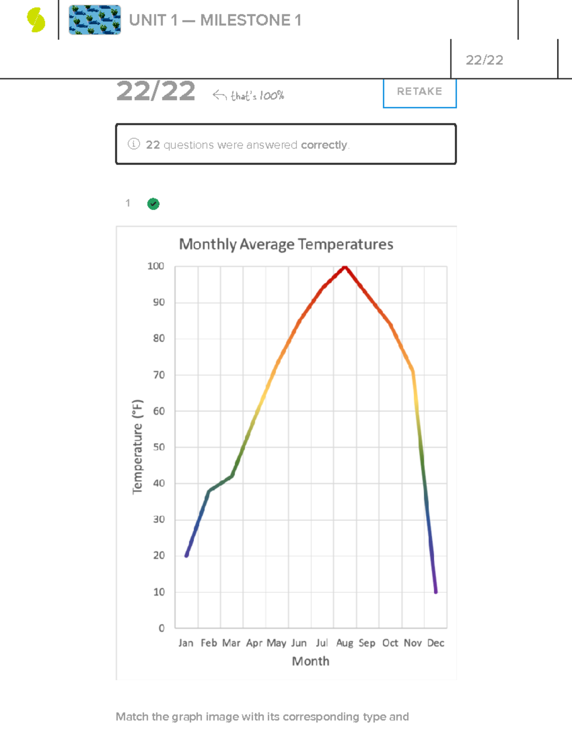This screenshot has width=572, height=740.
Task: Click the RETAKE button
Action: tap(419, 92)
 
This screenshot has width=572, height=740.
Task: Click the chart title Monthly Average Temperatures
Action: tap(286, 244)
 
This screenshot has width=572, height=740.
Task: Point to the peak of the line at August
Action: tap(345, 267)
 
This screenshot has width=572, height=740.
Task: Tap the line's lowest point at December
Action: tap(436, 591)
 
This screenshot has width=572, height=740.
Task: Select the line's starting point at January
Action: tap(186, 555)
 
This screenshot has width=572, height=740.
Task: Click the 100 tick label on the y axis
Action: tap(156, 266)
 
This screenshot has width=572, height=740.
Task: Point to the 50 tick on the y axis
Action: tap(159, 447)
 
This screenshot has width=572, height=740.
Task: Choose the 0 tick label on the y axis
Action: tap(162, 628)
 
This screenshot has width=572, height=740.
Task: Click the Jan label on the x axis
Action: tap(186, 643)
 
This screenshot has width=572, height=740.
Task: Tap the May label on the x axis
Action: tap(276, 643)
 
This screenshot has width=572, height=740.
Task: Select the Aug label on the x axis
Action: tap(345, 643)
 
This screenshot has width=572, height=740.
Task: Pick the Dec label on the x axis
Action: tap(436, 643)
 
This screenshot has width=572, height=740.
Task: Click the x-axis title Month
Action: tap(311, 661)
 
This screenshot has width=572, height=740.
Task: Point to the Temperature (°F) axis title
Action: tap(137, 446)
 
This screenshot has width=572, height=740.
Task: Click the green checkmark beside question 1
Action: tap(153, 204)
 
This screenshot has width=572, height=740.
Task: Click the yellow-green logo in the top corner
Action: tap(36, 20)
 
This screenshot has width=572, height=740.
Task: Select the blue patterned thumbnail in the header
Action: tap(95, 20)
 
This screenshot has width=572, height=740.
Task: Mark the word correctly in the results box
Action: tap(324, 145)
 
